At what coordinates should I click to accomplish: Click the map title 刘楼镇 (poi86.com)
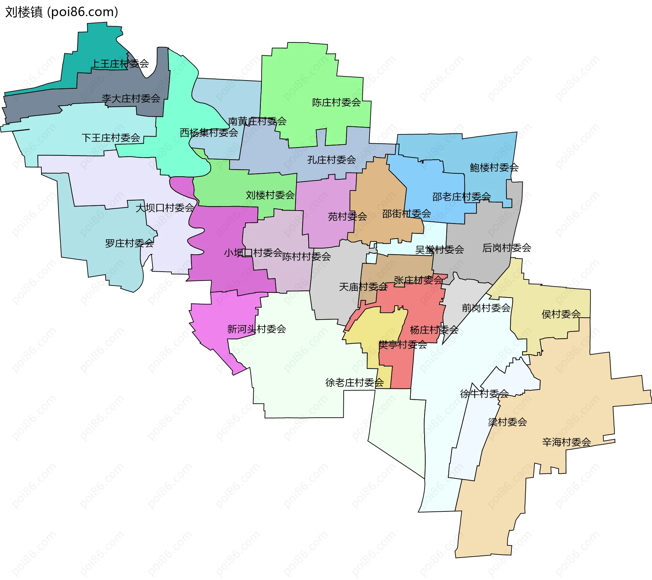coord(61,12)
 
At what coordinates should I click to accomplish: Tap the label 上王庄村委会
coord(120,64)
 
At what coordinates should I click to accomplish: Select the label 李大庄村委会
coord(131,98)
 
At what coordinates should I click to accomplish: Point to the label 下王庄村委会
coord(111,138)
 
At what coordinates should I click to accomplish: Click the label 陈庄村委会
coord(336,103)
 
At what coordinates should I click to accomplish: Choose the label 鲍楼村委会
coord(494,167)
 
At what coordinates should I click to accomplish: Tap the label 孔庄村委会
coord(331,160)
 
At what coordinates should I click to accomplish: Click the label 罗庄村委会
coord(129,243)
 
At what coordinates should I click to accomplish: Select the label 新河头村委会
coord(256,329)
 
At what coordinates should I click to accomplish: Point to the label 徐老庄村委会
coord(355,383)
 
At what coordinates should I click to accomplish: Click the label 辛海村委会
coord(566,442)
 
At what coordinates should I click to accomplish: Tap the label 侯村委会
coord(561,314)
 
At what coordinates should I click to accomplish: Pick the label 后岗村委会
coord(507,248)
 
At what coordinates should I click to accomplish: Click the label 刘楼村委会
coord(270,195)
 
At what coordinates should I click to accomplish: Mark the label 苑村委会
coord(347,217)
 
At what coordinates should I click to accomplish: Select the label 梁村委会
coord(507,422)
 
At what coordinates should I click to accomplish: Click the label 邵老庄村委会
coord(461,197)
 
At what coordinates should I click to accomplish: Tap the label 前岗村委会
coord(486,308)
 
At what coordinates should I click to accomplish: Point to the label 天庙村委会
coord(363,287)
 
